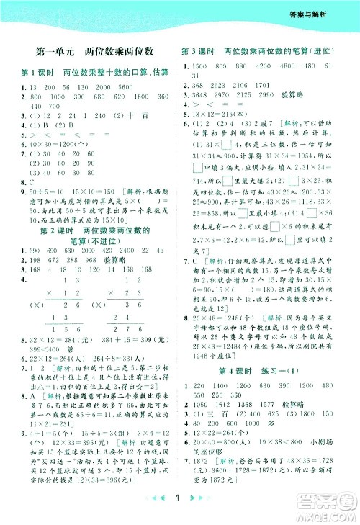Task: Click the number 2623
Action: click(224, 85)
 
